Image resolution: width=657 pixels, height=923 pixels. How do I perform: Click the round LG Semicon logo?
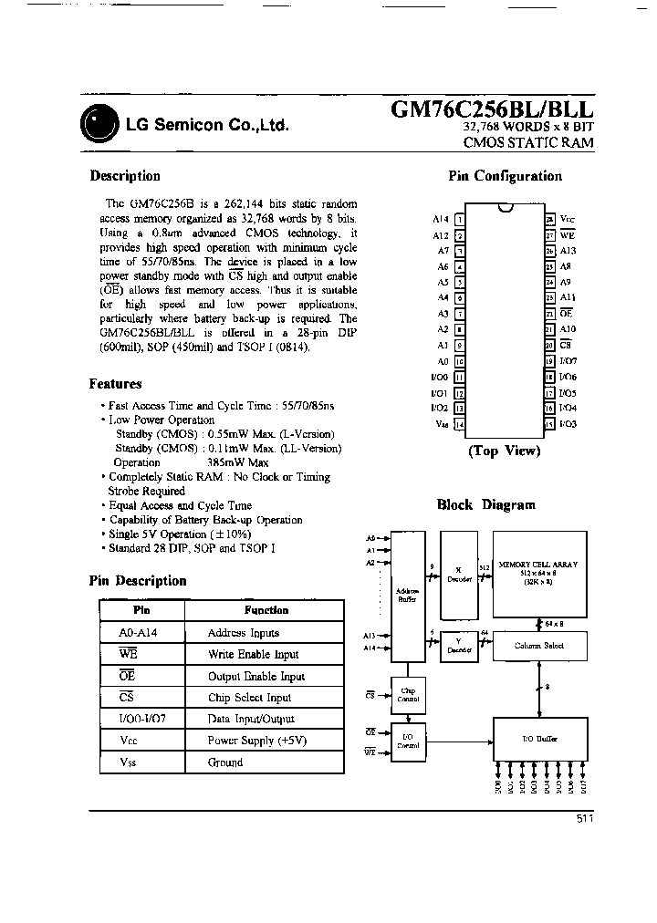click(99, 123)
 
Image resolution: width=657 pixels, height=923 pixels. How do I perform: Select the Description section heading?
click(125, 176)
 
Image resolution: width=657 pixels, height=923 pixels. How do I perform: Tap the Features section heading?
click(115, 384)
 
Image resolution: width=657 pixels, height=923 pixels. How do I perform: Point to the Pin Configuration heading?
click(505, 176)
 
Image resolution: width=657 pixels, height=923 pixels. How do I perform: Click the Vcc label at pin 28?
click(567, 220)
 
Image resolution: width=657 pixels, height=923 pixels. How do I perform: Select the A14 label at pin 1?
click(441, 220)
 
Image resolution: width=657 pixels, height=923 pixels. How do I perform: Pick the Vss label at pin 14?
click(442, 424)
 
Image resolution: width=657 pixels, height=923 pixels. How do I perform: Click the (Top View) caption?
click(504, 451)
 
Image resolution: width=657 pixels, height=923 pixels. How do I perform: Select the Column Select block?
click(538, 646)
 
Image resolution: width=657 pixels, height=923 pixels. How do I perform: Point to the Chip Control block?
click(409, 695)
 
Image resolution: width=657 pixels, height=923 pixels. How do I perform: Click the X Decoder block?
click(459, 576)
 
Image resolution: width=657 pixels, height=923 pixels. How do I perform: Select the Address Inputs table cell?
click(243, 633)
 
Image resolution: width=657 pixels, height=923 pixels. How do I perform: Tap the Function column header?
click(266, 610)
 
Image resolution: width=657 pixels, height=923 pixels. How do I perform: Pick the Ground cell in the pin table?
click(225, 762)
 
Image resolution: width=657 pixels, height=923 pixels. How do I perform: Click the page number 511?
click(585, 819)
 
